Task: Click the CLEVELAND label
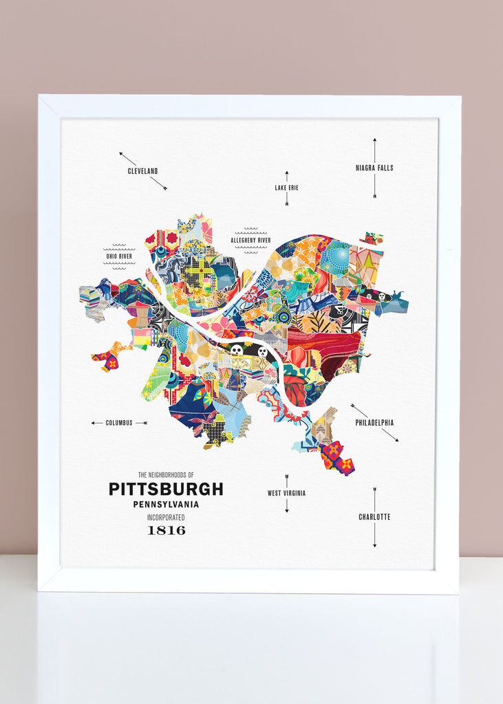click(x=142, y=171)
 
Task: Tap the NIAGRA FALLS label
click(x=374, y=168)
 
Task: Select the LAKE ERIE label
click(x=287, y=188)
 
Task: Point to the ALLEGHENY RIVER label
click(x=250, y=241)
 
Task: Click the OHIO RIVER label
click(x=119, y=256)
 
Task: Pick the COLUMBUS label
click(x=119, y=423)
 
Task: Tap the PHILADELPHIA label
click(x=374, y=423)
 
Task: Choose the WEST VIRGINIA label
click(x=286, y=493)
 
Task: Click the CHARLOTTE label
click(x=374, y=517)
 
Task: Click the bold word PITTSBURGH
click(x=166, y=489)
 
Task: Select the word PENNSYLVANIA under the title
click(x=166, y=505)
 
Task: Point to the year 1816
click(x=166, y=530)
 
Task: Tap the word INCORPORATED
click(x=166, y=517)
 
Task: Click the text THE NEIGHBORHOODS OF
click(x=166, y=475)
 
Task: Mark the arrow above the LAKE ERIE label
click(x=287, y=176)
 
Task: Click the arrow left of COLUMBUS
click(x=97, y=423)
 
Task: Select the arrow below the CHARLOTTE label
click(x=374, y=535)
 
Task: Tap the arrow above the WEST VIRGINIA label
click(x=286, y=481)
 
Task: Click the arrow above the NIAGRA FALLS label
click(x=374, y=150)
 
